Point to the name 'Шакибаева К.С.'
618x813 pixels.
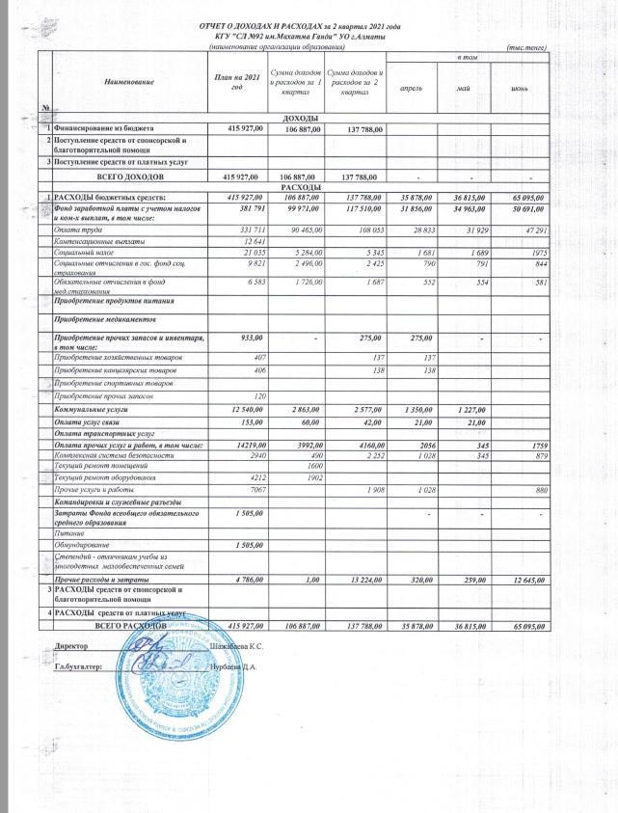[x=238, y=644]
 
